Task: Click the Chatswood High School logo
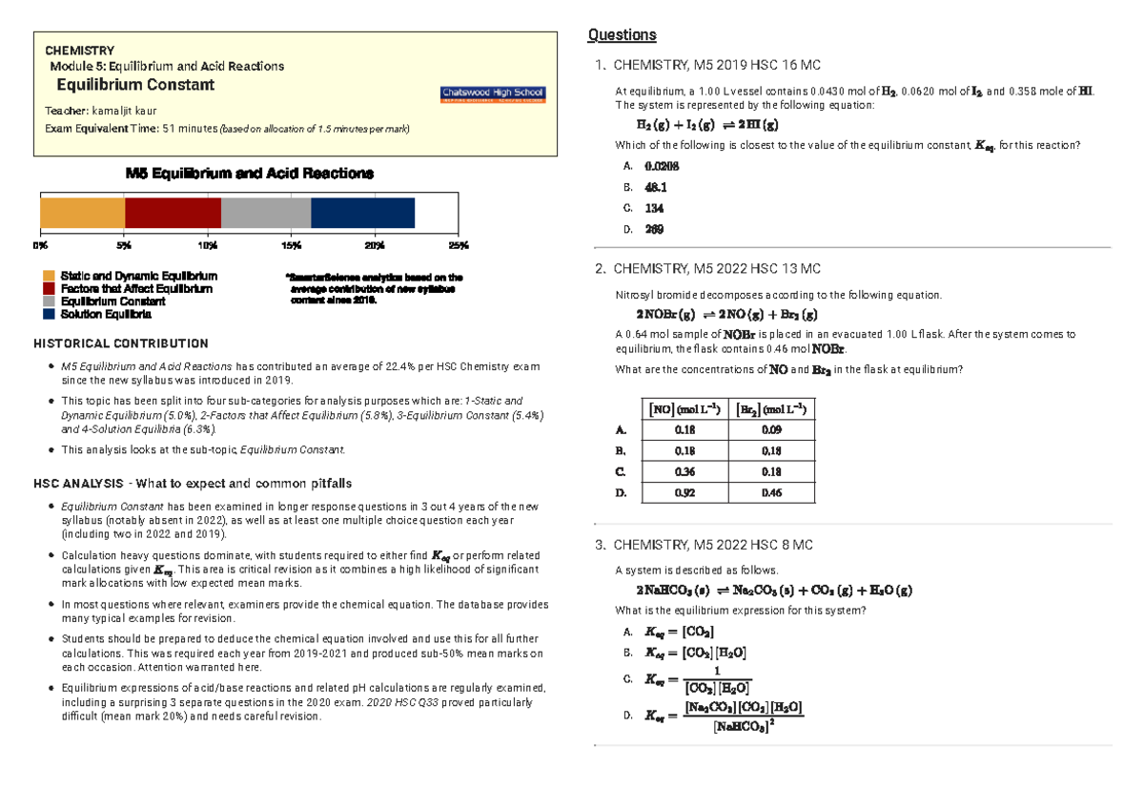coord(492,94)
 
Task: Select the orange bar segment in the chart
coord(82,213)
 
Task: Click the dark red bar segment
coord(173,213)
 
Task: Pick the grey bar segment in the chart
coord(266,213)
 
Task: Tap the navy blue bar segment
coord(362,213)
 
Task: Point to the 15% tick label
coord(291,245)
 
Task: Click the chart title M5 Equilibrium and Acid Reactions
coord(250,174)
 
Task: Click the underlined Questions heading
coord(622,35)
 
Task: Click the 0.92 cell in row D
coord(684,492)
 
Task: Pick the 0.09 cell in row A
coord(771,429)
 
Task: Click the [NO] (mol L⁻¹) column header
coord(684,408)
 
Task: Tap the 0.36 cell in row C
coord(684,471)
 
